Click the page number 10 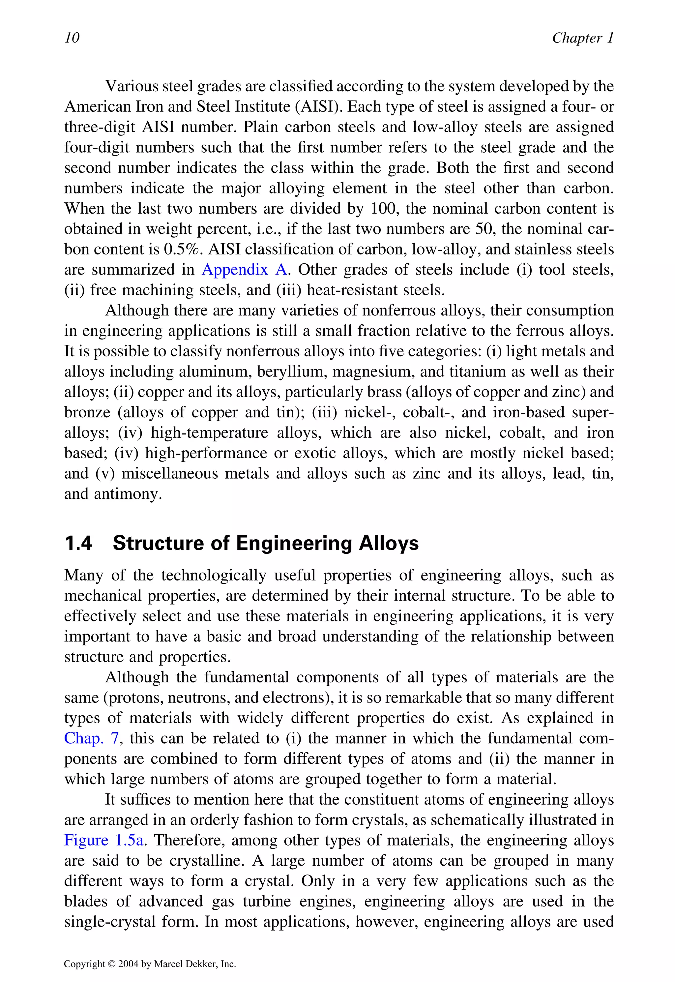tap(72, 38)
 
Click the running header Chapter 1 tap(582, 38)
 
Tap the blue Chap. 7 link tap(91, 738)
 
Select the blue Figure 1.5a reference tap(103, 840)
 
